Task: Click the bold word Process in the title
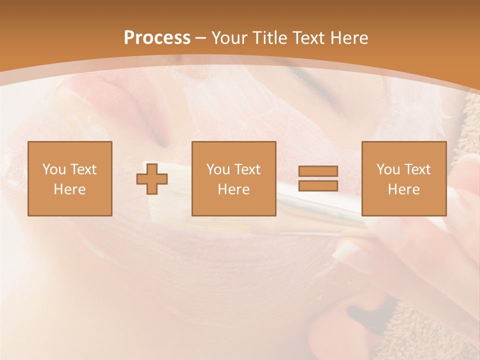coord(157,38)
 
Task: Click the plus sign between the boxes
coord(152,178)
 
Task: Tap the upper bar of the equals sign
coord(318,171)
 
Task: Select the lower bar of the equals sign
coord(318,185)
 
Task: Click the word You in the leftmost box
coord(54,169)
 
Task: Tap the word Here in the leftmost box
coord(69,189)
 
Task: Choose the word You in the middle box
coord(218,169)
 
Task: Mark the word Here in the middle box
coord(233,189)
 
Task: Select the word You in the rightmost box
coord(388,169)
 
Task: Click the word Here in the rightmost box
coord(403,189)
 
